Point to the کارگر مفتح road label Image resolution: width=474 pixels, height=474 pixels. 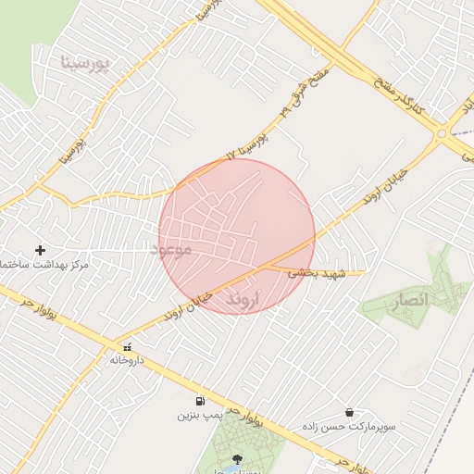click(399, 98)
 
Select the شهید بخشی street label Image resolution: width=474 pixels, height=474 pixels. click(316, 273)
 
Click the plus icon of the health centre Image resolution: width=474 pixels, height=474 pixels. click(40, 250)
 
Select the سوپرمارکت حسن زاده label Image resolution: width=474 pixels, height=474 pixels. click(353, 427)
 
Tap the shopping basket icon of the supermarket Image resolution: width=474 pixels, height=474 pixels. click(349, 412)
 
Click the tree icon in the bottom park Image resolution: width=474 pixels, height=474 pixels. click(238, 459)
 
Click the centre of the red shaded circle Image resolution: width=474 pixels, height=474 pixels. click(237, 237)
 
